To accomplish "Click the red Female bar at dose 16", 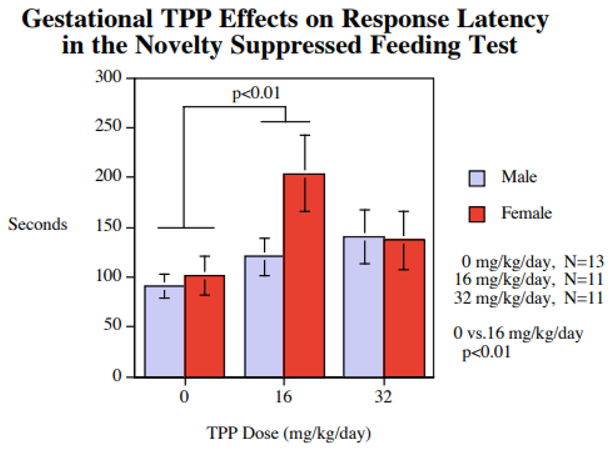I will click(304, 274).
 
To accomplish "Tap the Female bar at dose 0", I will click(204, 327).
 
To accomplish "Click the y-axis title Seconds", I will click(37, 224).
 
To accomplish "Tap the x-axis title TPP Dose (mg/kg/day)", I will click(288, 433).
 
